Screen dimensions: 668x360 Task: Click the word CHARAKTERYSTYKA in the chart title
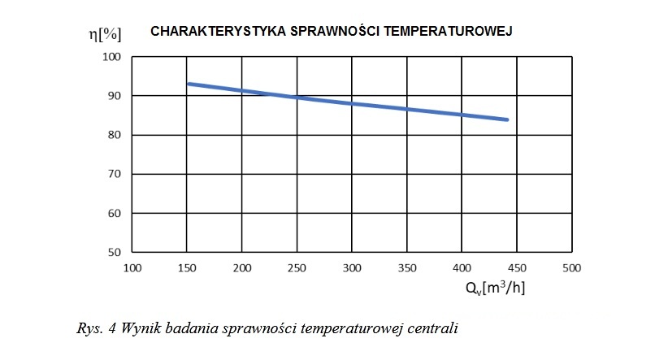coord(218,32)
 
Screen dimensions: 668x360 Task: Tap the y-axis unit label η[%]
coord(105,34)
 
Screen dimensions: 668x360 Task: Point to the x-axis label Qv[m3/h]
coord(495,288)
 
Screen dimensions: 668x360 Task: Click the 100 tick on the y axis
coord(111,57)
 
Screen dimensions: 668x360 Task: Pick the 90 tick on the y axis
coord(114,96)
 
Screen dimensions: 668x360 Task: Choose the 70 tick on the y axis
coord(114,174)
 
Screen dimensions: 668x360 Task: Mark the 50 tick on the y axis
coord(114,252)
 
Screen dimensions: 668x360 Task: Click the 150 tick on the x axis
coord(187,268)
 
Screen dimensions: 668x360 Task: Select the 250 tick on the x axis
coord(297,268)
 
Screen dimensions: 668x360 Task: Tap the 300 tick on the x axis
coord(352,268)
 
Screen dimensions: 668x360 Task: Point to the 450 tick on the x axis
coord(517,268)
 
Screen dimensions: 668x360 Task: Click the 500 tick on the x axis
coord(572,268)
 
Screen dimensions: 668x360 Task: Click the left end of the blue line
coord(189,84)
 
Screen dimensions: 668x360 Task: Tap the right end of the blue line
coord(507,119)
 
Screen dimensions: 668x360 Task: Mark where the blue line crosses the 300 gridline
coord(352,104)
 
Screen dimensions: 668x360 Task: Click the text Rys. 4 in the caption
coord(96,328)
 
